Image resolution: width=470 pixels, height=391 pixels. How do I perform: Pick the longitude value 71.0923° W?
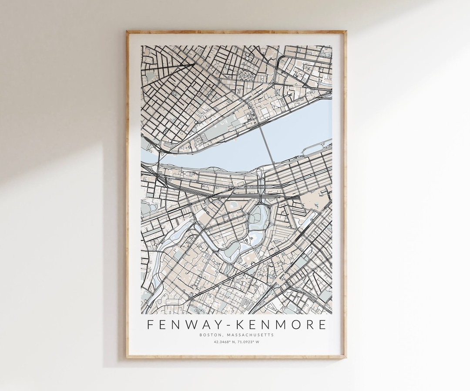click(x=248, y=342)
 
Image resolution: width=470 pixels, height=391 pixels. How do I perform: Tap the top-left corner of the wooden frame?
click(x=128, y=31)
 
